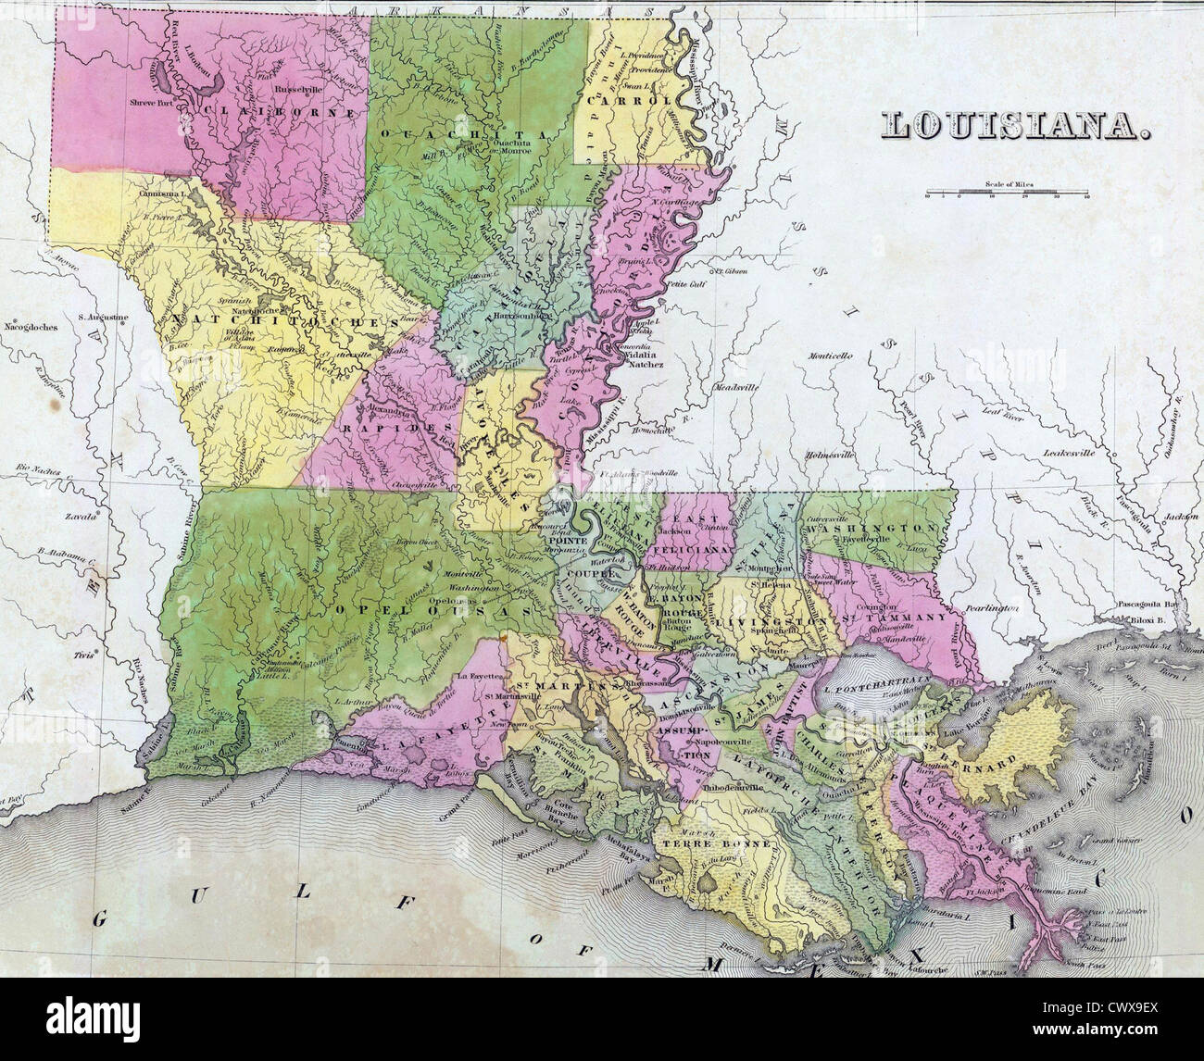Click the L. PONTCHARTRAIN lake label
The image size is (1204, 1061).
[x=866, y=690]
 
